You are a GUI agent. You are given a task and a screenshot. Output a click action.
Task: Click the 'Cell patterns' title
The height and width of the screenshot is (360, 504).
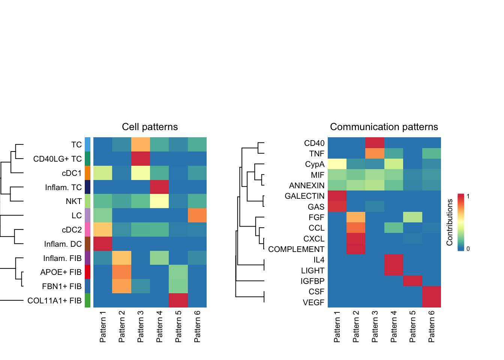pyautogui.click(x=150, y=127)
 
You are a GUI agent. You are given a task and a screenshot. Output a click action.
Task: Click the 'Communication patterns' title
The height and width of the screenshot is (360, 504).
pyautogui.click(x=384, y=127)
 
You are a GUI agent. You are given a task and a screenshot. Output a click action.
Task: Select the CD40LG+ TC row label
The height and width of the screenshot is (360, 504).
pyautogui.click(x=57, y=159)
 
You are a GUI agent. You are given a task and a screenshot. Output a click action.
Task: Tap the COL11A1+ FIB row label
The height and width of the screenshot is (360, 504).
pyautogui.click(x=54, y=300)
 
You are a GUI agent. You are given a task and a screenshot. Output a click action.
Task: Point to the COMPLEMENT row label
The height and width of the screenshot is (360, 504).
pyautogui.click(x=296, y=249)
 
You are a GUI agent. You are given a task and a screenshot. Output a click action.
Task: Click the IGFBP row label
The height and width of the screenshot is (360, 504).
pyautogui.click(x=312, y=281)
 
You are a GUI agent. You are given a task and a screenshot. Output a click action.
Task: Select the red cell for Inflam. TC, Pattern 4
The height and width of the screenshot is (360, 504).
pyautogui.click(x=159, y=187)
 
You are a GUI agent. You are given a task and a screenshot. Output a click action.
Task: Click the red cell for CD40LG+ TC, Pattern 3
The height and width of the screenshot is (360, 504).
pyautogui.click(x=141, y=158)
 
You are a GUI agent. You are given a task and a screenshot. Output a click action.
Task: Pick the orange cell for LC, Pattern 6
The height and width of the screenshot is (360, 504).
pyautogui.click(x=197, y=215)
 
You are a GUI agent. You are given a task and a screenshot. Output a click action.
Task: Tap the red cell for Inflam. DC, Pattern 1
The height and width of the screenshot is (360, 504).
pyautogui.click(x=103, y=244)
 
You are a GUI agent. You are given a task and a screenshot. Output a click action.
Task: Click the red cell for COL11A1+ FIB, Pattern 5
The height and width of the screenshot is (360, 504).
pyautogui.click(x=178, y=300)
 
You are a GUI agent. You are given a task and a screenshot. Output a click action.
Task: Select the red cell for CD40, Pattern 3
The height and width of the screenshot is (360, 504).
pyautogui.click(x=375, y=143)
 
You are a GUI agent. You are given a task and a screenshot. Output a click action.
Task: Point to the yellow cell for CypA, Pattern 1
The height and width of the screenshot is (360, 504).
pyautogui.click(x=337, y=164)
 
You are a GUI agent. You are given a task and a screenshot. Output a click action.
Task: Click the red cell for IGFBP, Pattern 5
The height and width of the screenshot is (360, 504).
pyautogui.click(x=412, y=281)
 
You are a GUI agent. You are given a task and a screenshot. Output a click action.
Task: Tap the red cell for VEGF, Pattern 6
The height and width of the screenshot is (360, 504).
pyautogui.click(x=432, y=302)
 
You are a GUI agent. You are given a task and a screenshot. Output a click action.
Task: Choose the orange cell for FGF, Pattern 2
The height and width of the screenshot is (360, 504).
pyautogui.click(x=356, y=217)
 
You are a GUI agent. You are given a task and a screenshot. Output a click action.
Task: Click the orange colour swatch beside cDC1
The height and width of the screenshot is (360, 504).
pyautogui.click(x=88, y=173)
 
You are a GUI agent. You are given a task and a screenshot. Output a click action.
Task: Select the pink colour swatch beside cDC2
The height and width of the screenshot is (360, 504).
pyautogui.click(x=88, y=229)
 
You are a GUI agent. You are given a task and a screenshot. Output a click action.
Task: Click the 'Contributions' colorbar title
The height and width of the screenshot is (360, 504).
pyautogui.click(x=450, y=222)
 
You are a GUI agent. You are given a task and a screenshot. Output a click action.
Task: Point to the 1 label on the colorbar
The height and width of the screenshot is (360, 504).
pyautogui.click(x=468, y=196)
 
